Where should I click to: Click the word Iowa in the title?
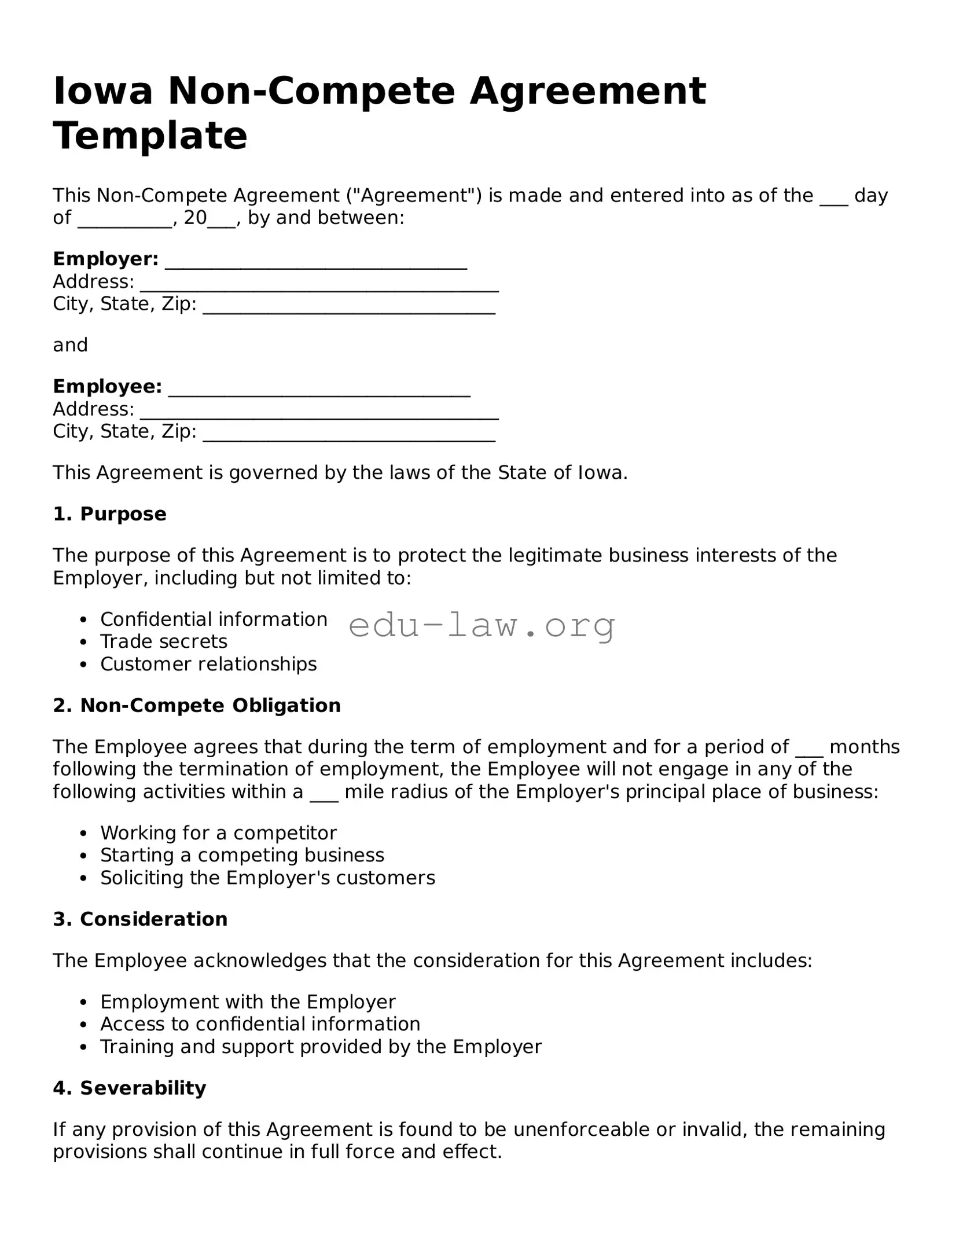tap(103, 91)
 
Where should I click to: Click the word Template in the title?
tap(150, 135)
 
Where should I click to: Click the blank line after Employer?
tap(316, 261)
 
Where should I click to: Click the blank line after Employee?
tap(319, 388)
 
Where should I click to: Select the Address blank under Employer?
tap(319, 283)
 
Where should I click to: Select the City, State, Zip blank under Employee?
tap(349, 432)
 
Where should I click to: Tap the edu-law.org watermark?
tap(481, 626)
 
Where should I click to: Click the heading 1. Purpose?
tap(110, 514)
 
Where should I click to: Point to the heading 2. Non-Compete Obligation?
tap(197, 706)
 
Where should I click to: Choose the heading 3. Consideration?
tap(140, 919)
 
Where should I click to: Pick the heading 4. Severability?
tap(130, 1088)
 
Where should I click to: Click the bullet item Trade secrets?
tap(164, 641)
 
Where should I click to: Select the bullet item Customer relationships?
tap(208, 664)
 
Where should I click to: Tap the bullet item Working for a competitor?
tap(218, 833)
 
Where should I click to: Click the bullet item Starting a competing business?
tap(242, 856)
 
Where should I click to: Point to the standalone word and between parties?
tap(70, 346)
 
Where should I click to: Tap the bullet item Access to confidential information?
tap(260, 1024)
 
